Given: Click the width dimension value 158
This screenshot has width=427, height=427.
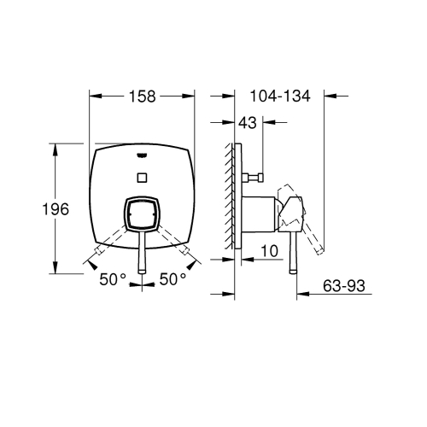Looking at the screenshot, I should click(x=143, y=97).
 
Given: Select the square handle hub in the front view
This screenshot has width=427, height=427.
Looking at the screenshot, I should click(x=143, y=216).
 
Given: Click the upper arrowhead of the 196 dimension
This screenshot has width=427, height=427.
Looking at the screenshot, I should click(x=57, y=148).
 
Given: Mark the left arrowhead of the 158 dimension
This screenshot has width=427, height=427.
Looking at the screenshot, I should click(x=93, y=97).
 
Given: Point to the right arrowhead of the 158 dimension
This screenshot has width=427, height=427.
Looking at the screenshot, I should click(x=192, y=97).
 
